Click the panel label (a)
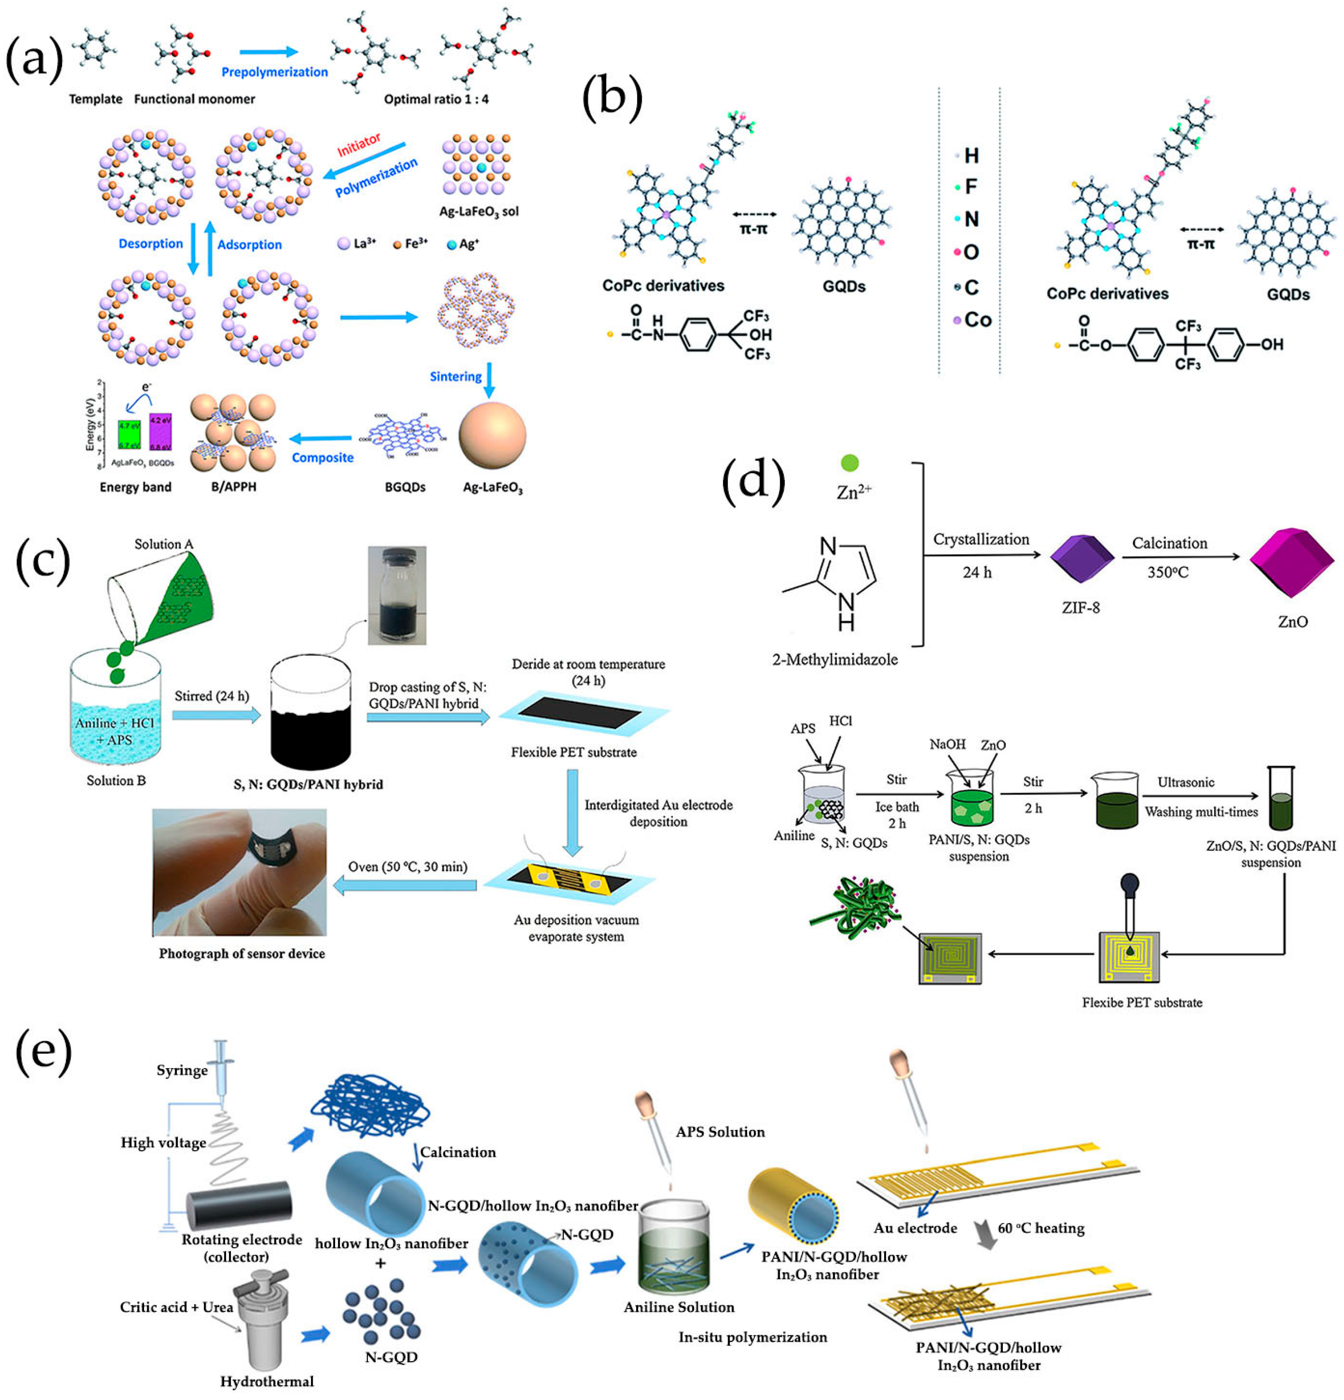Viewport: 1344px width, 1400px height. (34, 59)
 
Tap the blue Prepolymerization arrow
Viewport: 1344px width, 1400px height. (269, 51)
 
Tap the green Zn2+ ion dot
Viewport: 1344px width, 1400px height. (850, 463)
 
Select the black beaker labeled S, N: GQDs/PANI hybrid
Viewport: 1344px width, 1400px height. (310, 715)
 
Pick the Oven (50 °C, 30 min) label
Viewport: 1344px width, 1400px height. (407, 866)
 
